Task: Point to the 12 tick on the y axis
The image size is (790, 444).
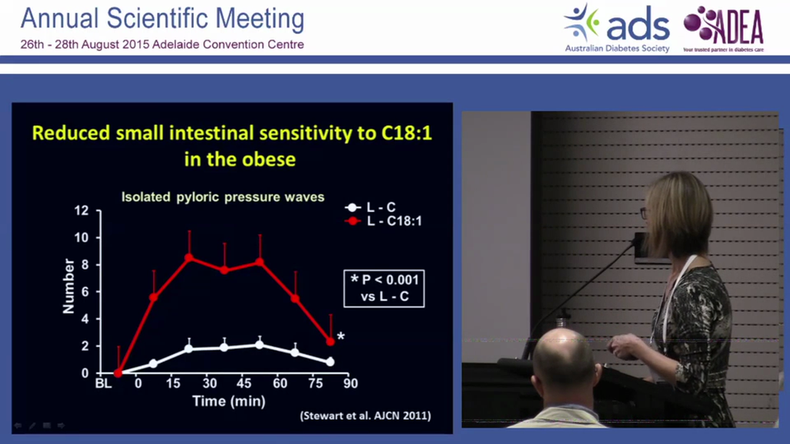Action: [81, 211]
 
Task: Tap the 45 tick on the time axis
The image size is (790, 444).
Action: [245, 384]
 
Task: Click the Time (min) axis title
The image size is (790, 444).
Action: [228, 401]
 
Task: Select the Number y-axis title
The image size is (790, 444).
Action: [69, 286]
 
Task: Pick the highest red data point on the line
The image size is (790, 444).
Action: [189, 257]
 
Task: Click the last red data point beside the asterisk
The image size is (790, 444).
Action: [330, 342]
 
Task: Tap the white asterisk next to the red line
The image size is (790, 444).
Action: [341, 337]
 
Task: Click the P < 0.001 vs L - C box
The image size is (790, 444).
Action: [384, 289]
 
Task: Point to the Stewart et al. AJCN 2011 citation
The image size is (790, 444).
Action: [365, 416]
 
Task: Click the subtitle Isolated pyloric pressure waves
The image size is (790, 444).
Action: [222, 197]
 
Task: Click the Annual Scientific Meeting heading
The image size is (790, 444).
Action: [162, 18]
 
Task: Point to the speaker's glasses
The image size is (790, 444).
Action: [644, 213]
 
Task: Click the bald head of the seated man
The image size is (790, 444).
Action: [563, 358]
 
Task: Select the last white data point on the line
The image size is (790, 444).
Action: [330, 362]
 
